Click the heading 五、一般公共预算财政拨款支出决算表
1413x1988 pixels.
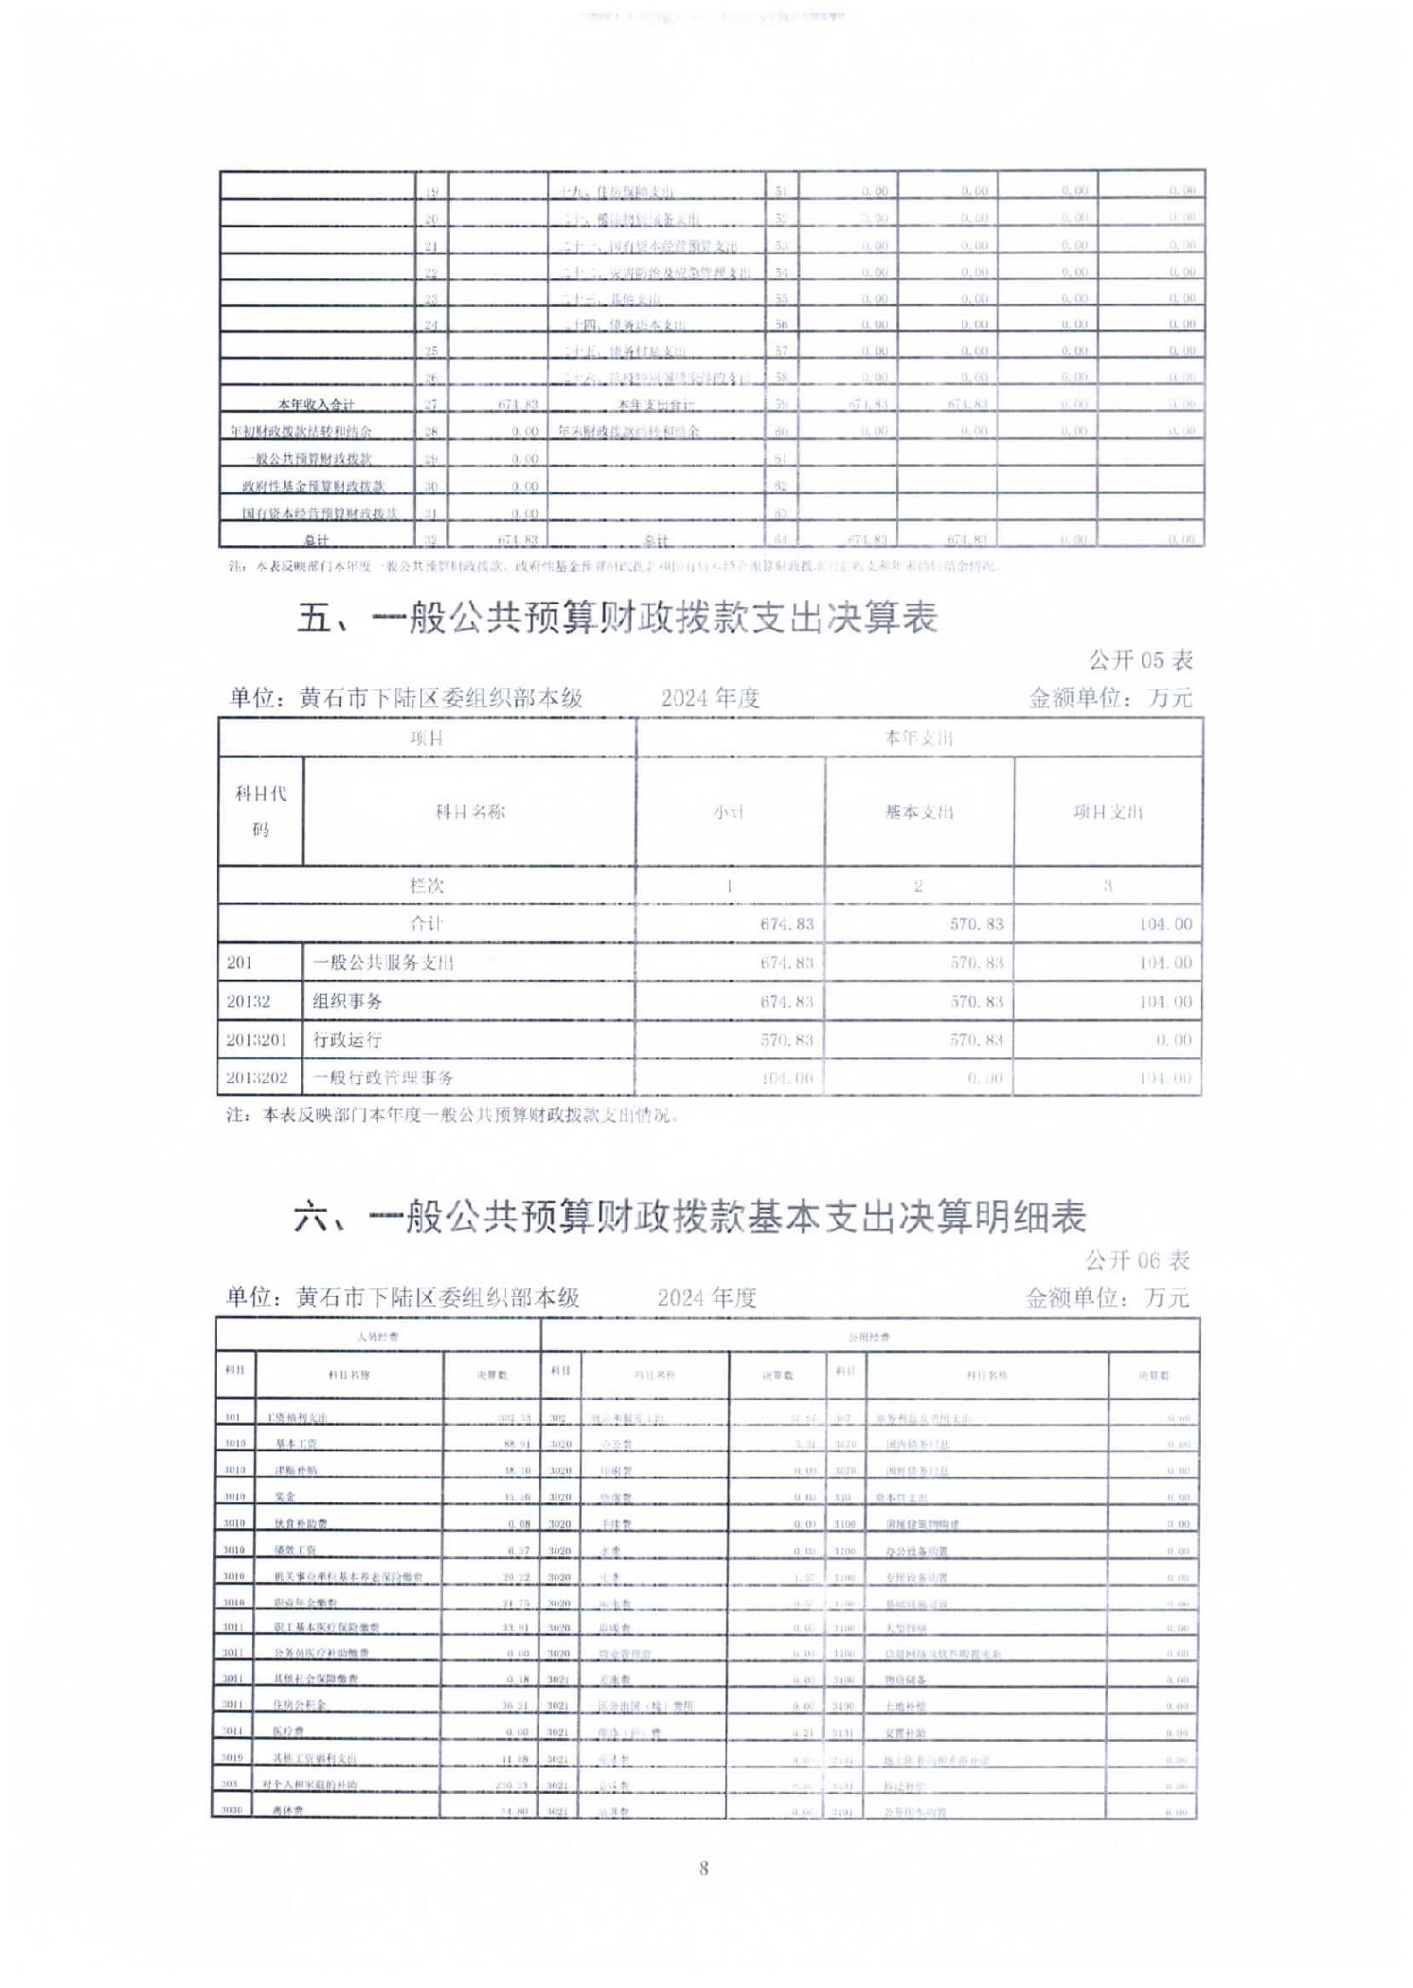(617, 618)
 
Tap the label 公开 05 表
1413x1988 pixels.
(1139, 660)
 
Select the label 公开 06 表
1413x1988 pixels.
(1136, 1260)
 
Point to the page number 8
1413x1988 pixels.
(704, 1868)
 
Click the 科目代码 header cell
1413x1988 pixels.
(260, 811)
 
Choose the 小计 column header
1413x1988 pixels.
(729, 811)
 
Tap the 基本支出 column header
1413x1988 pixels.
(919, 811)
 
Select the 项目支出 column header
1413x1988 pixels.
(1107, 811)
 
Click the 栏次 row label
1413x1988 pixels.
(426, 886)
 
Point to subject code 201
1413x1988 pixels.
(240, 963)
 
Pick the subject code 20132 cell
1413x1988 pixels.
(248, 1002)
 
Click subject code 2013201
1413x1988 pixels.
(257, 1039)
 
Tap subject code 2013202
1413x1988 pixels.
(257, 1077)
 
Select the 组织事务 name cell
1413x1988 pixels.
(348, 1002)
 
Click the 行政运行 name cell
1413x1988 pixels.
(348, 1039)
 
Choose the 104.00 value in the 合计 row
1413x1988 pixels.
(1165, 924)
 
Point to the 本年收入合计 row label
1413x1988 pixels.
(315, 405)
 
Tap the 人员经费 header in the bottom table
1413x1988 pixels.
(378, 1337)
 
